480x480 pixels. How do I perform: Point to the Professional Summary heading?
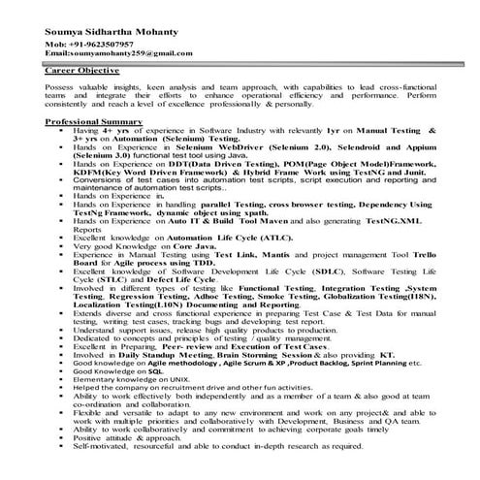(x=93, y=120)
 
